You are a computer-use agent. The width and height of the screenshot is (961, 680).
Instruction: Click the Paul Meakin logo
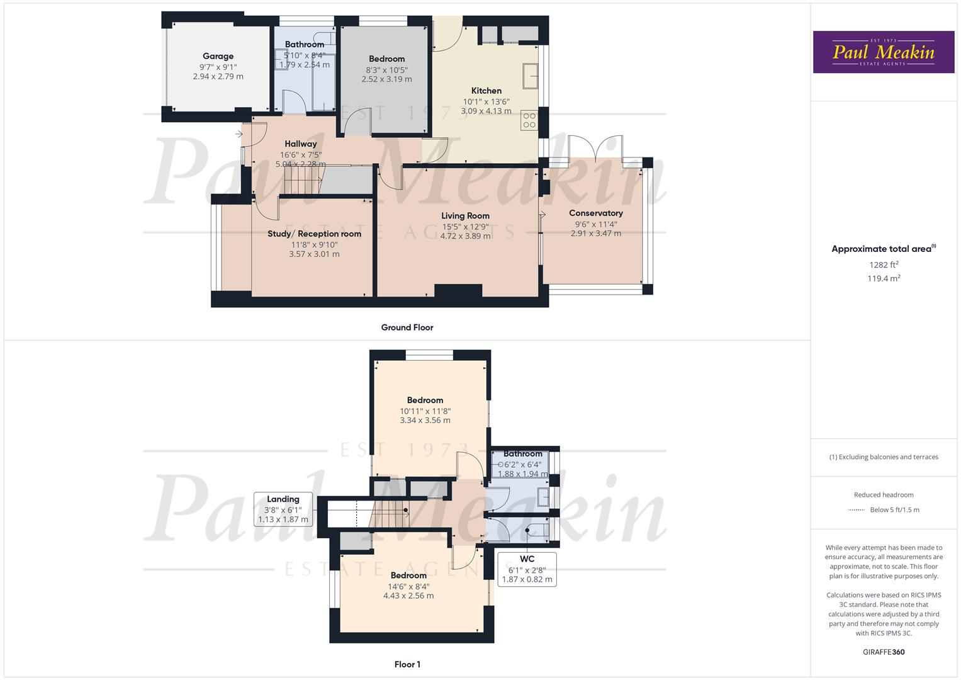click(884, 52)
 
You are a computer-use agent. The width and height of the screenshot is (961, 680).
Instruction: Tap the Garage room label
click(218, 57)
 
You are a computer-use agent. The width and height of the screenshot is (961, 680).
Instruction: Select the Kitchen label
click(486, 91)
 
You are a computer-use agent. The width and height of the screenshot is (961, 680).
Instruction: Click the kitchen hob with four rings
click(529, 120)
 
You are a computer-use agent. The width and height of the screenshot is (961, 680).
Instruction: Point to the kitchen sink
click(529, 76)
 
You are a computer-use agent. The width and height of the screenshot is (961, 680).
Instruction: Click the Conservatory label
click(595, 213)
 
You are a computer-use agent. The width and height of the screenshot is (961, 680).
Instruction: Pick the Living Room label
click(465, 216)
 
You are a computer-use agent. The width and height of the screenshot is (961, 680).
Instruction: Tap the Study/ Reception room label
click(314, 234)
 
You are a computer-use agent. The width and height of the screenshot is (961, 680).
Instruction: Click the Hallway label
click(300, 144)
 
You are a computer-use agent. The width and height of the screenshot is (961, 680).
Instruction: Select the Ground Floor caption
click(407, 327)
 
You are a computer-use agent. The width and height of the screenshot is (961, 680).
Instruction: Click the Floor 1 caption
click(407, 664)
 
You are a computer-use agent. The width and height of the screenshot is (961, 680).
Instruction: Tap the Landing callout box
click(283, 509)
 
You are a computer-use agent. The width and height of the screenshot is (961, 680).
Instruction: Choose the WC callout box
click(527, 569)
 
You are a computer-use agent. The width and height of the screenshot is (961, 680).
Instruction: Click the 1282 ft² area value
click(884, 265)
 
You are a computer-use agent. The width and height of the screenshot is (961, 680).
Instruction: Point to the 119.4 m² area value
click(884, 278)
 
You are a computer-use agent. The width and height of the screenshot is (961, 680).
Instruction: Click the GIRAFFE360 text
click(884, 652)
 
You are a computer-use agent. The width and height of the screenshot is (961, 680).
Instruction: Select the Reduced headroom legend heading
click(884, 495)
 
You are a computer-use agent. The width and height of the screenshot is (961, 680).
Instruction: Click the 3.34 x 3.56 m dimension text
click(425, 421)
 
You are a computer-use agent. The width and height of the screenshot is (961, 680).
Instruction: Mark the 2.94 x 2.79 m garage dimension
click(218, 77)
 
